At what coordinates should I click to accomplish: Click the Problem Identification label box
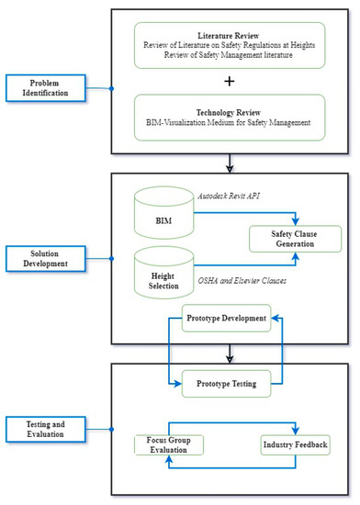43,89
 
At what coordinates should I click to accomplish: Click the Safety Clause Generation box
290,238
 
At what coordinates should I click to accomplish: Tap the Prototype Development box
225,319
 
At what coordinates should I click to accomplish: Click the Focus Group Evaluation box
169,445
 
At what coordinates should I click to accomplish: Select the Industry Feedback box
294,445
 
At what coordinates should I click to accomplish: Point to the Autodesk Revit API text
241,196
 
